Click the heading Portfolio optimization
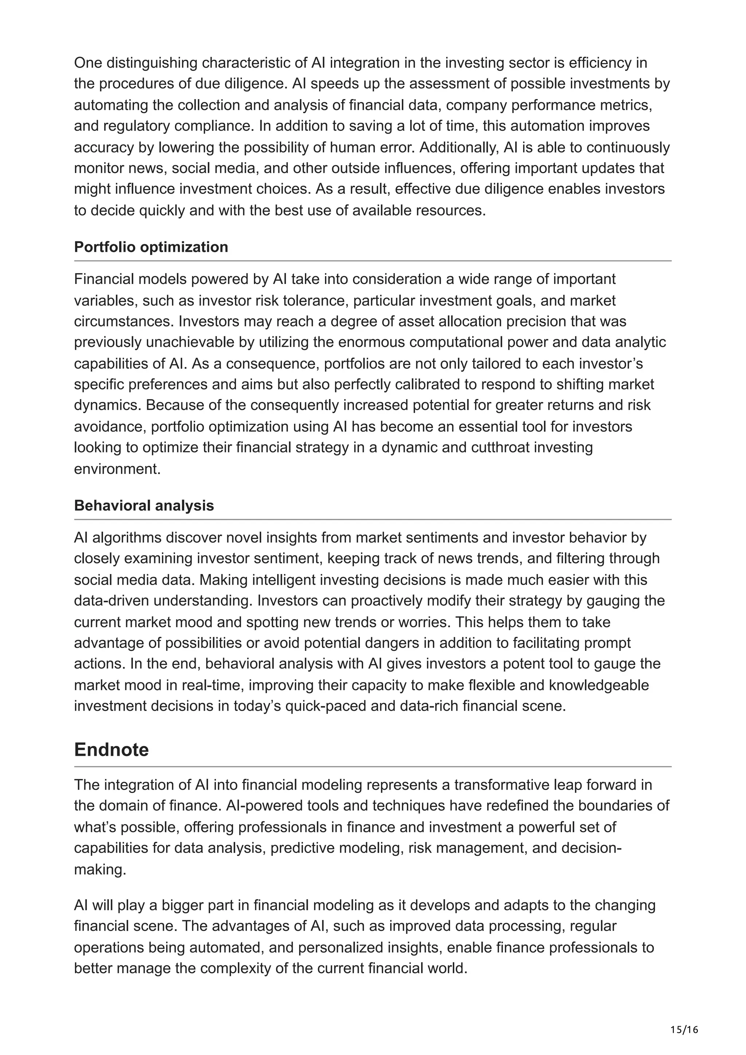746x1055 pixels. tap(151, 247)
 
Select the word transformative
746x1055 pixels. tap(505, 785)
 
